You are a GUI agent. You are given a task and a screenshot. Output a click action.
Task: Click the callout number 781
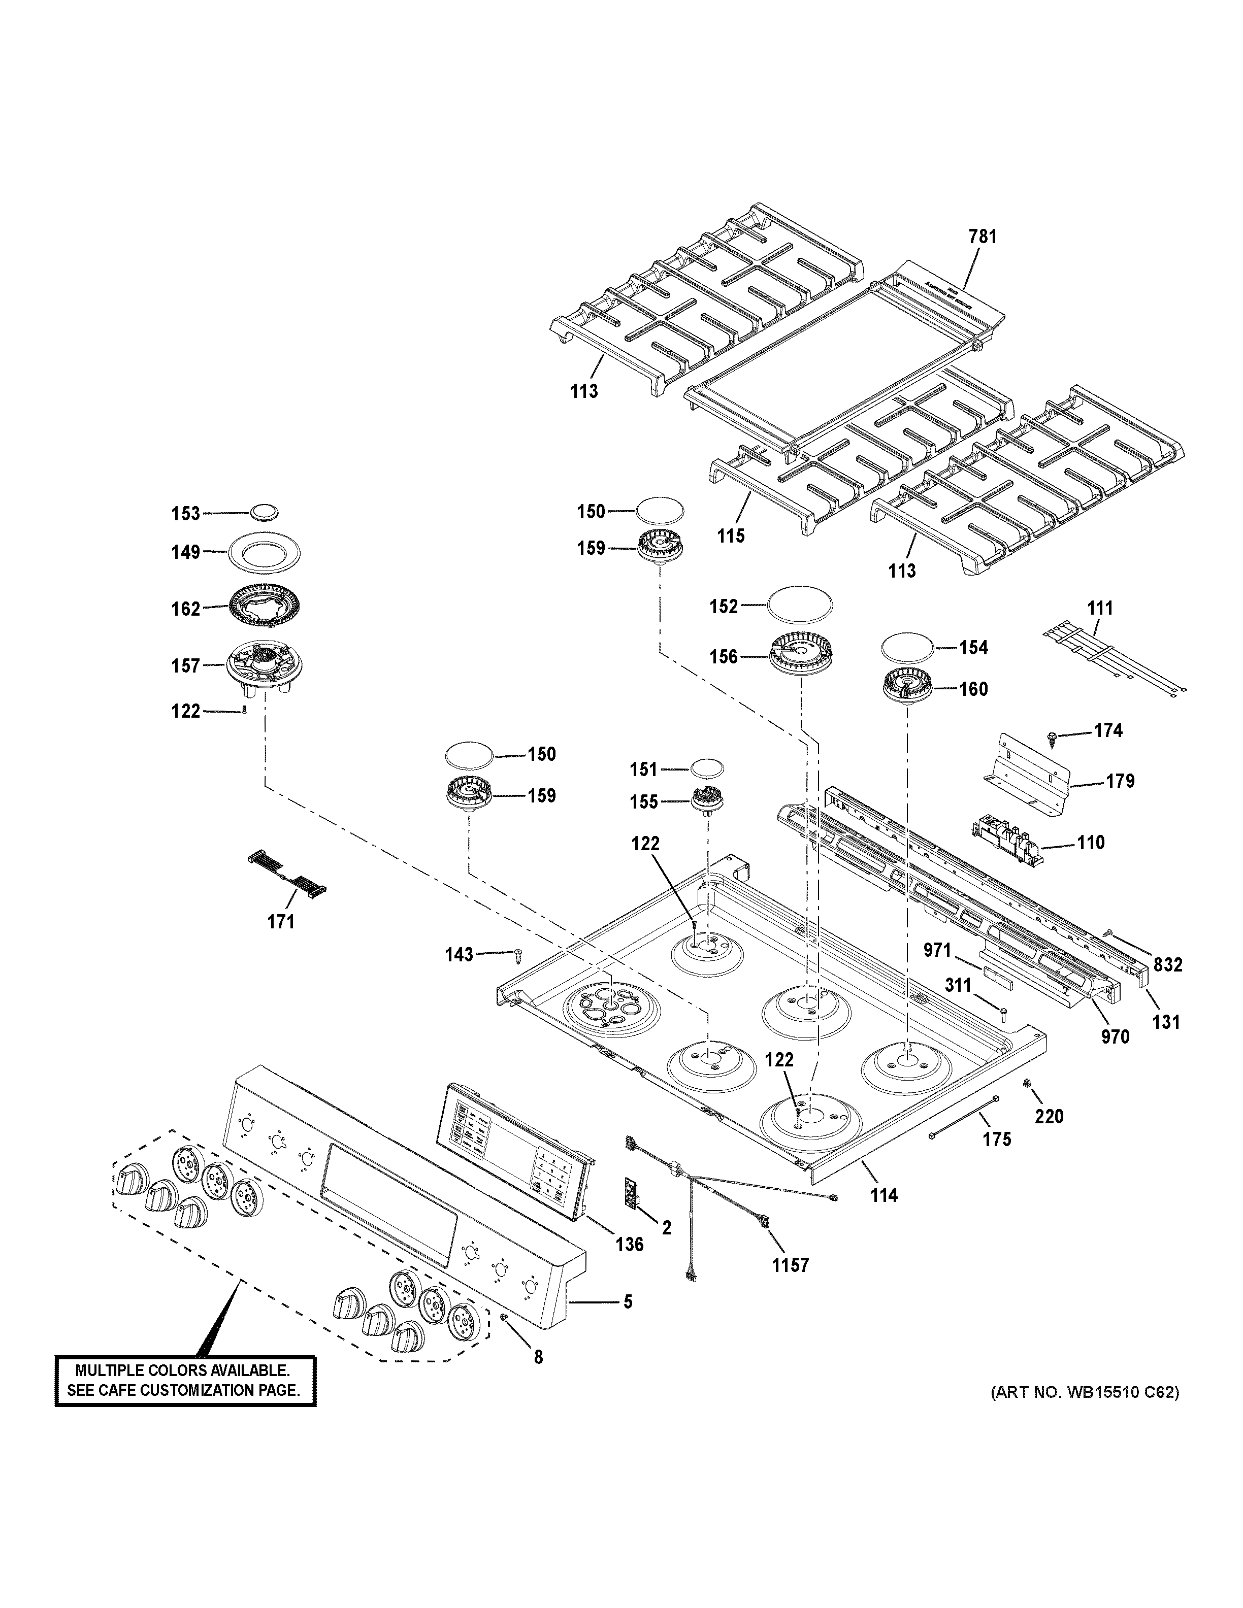(983, 237)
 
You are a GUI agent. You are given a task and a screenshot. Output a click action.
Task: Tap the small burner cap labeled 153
(265, 513)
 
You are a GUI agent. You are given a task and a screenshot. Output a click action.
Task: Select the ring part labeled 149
(265, 551)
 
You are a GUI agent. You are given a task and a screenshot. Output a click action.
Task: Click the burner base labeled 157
(265, 667)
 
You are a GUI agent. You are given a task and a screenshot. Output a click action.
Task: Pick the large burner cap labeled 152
(800, 605)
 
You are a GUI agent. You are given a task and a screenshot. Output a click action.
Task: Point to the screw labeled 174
(1054, 735)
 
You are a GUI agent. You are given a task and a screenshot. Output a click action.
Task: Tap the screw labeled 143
(517, 956)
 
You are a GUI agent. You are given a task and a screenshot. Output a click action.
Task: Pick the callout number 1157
(790, 1265)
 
